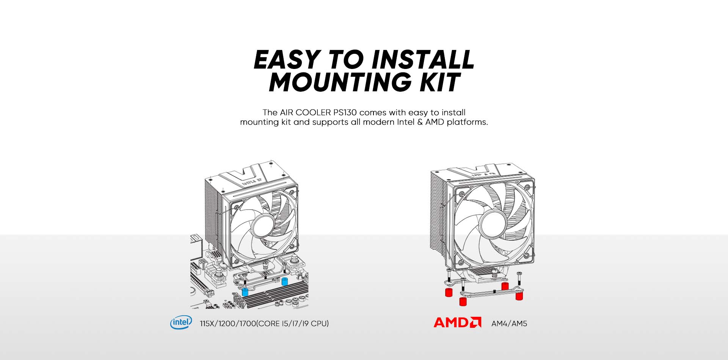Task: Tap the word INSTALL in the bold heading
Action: (x=423, y=59)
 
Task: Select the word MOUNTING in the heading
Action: (x=340, y=82)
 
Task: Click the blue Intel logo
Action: (x=181, y=322)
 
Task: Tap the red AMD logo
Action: (x=457, y=322)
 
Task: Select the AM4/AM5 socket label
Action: (x=509, y=324)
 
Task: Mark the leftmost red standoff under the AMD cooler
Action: (x=449, y=293)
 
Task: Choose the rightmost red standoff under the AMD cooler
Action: (x=519, y=296)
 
